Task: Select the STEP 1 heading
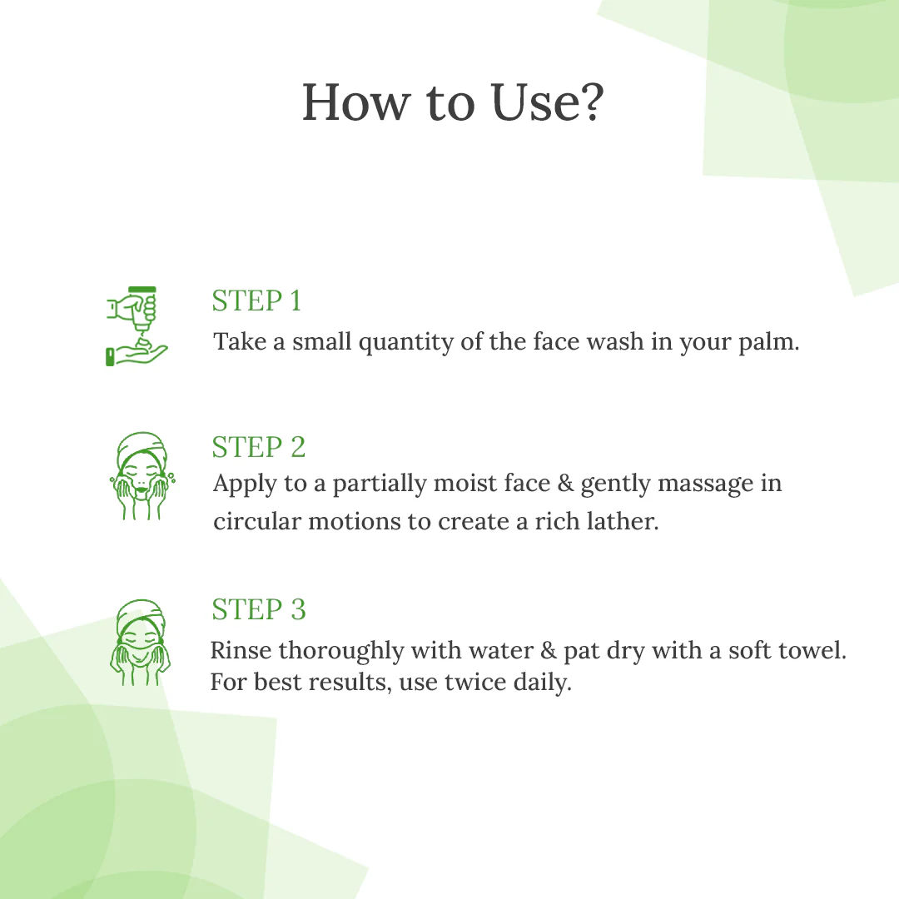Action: [x=256, y=300]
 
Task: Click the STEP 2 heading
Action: [x=259, y=447]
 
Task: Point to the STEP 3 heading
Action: [x=259, y=609]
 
